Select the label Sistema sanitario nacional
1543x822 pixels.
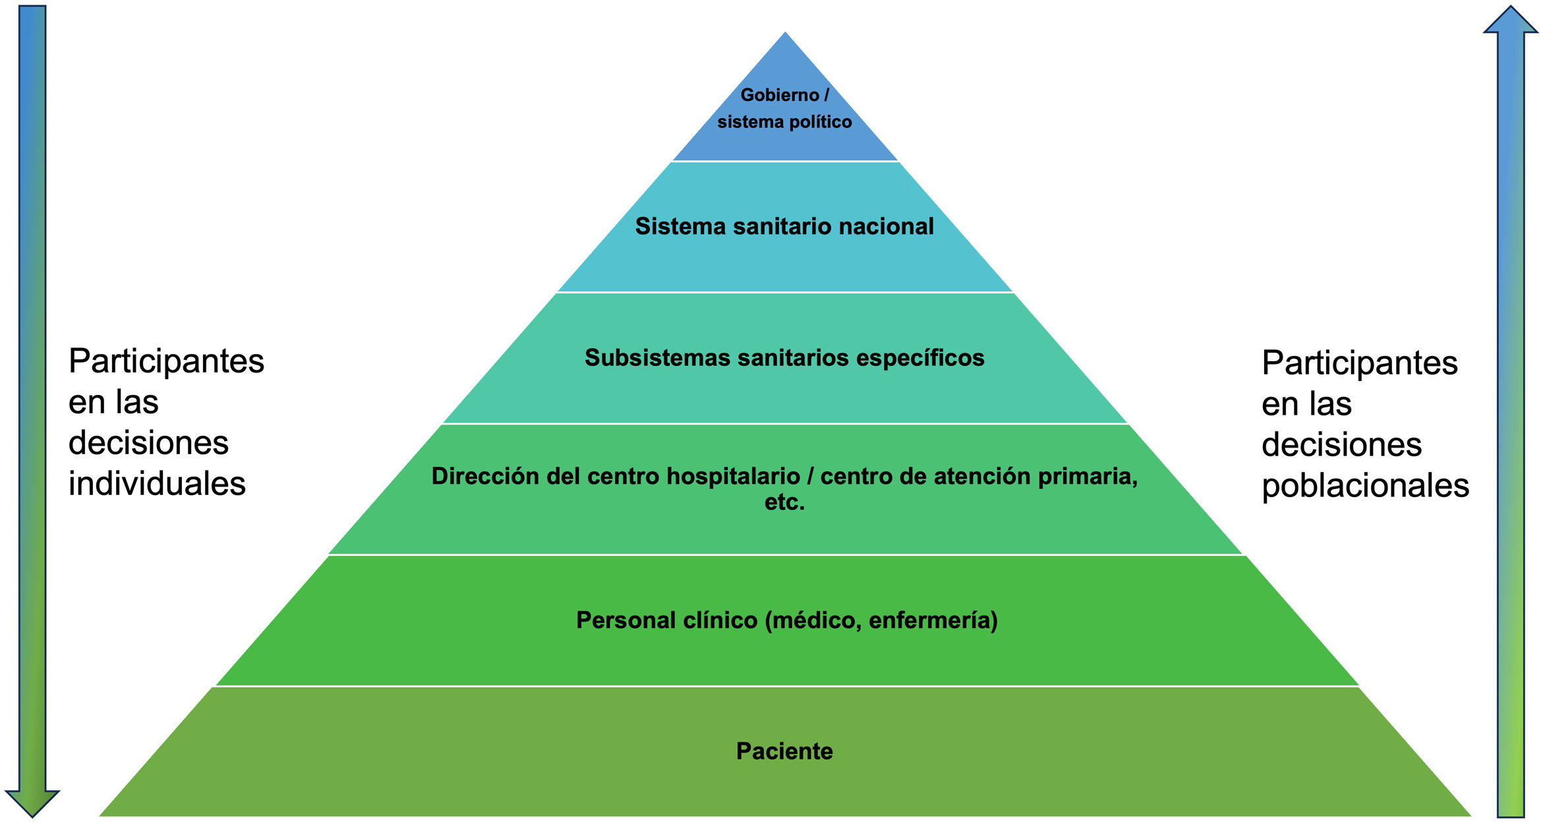pos(784,226)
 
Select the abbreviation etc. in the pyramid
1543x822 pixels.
pos(784,502)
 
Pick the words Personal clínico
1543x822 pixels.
pos(666,620)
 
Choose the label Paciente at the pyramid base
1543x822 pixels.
pos(784,751)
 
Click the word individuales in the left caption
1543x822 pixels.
pos(157,484)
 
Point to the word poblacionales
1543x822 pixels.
pos(1365,486)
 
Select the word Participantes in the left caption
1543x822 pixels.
pos(166,361)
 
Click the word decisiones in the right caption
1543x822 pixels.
pos(1341,445)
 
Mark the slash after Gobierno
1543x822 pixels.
pos(827,96)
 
